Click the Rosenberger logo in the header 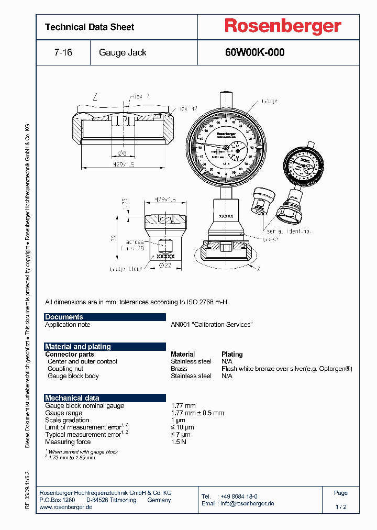pyautogui.click(x=283, y=26)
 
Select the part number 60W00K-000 pyautogui.click(x=254, y=52)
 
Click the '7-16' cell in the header pyautogui.click(x=63, y=52)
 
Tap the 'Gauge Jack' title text pyautogui.click(x=123, y=52)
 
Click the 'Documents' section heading pyautogui.click(x=64, y=317)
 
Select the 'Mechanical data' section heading pyautogui.click(x=72, y=398)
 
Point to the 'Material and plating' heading pyautogui.click(x=77, y=347)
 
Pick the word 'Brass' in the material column pyautogui.click(x=180, y=369)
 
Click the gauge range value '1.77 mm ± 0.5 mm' pyautogui.click(x=197, y=413)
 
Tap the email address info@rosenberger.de pyautogui.click(x=247, y=503)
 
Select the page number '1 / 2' pyautogui.click(x=341, y=507)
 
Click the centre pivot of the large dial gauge pyautogui.click(x=226, y=148)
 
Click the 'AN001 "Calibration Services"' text pyautogui.click(x=212, y=325)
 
